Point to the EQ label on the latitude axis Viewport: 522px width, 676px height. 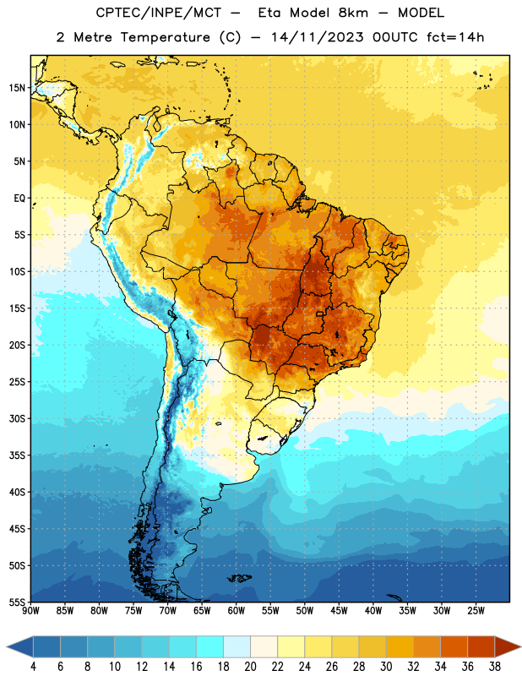click(x=19, y=199)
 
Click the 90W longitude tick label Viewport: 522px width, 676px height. click(x=30, y=610)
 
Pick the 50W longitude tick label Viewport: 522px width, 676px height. click(x=305, y=610)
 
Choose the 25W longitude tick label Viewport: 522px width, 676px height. click(x=476, y=610)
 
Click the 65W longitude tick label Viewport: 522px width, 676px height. click(x=202, y=610)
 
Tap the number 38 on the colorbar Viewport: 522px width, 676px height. click(x=495, y=667)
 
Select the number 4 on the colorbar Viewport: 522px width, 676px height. click(x=33, y=667)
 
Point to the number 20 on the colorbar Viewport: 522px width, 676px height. click(x=250, y=667)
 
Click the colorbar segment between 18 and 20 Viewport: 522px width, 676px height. click(x=237, y=646)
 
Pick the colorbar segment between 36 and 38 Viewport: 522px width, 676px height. click(x=481, y=646)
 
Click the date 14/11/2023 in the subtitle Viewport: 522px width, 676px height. click(x=318, y=37)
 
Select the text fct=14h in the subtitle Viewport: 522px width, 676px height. click(x=455, y=37)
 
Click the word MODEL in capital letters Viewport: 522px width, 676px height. click(x=421, y=13)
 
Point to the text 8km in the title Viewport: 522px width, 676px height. click(x=353, y=13)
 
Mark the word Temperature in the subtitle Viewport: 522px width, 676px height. click(x=166, y=38)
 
